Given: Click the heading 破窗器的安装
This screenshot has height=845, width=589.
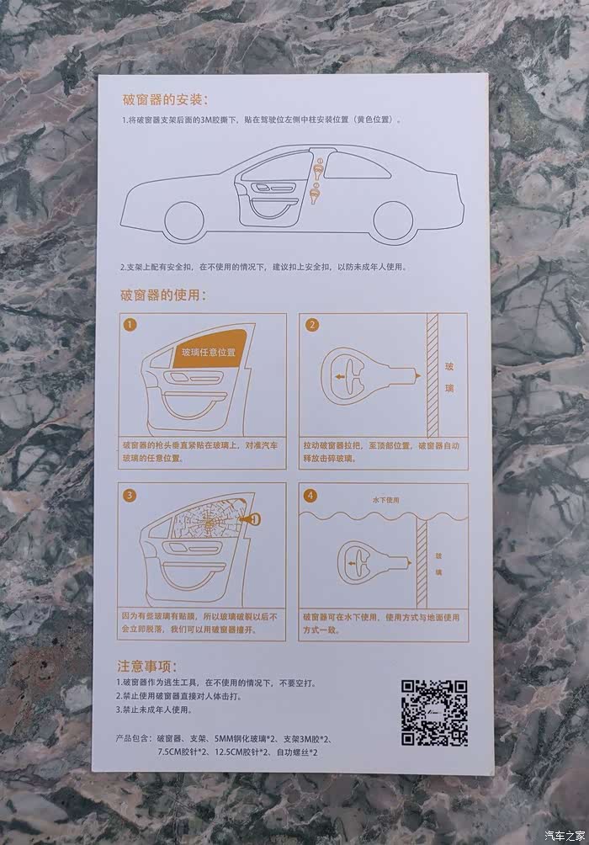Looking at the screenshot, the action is [165, 99].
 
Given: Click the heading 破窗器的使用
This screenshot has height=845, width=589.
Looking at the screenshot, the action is [162, 295].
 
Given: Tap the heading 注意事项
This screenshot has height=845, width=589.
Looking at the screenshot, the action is [146, 666].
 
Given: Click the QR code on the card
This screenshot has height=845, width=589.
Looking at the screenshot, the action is [434, 713].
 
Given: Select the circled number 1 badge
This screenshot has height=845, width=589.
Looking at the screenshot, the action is [130, 325].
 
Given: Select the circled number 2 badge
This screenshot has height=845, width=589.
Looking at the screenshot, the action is [311, 325].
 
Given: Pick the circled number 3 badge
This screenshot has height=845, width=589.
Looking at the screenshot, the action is [130, 495].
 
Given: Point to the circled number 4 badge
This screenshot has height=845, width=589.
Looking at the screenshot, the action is [310, 495].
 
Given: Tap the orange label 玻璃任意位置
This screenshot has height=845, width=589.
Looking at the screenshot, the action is [209, 353].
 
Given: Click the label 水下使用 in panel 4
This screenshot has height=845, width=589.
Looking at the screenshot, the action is [386, 500].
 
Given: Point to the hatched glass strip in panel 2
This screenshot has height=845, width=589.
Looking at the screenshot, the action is [432, 375].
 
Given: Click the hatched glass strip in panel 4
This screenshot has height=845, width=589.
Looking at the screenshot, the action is [422, 564].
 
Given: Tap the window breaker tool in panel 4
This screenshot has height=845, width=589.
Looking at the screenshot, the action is [374, 562].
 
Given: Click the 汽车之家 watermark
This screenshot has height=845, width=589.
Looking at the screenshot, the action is [565, 836].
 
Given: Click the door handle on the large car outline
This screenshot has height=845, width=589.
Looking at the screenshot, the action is [275, 188].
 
